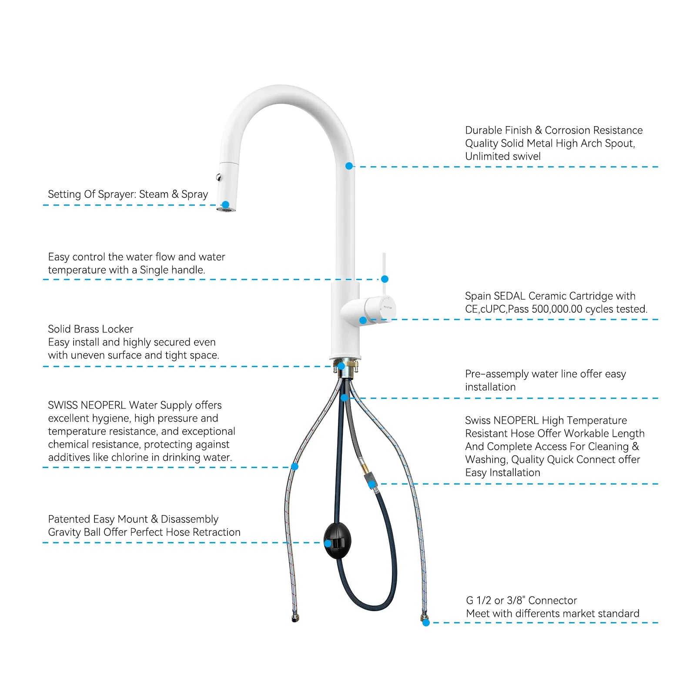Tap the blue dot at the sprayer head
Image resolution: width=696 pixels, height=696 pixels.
pos(225,204)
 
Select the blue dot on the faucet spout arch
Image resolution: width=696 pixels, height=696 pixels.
pos(349,166)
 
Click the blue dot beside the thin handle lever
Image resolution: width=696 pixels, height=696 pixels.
pos(385,279)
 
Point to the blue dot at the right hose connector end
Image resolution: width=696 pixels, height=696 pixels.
pos(426,622)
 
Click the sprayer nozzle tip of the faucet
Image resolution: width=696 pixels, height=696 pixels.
pos(226,210)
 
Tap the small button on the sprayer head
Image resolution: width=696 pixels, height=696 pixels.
pos(219,177)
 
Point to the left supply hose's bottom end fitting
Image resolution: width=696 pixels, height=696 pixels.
pos(295,618)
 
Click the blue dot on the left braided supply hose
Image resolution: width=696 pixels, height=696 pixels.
pos(294,467)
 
